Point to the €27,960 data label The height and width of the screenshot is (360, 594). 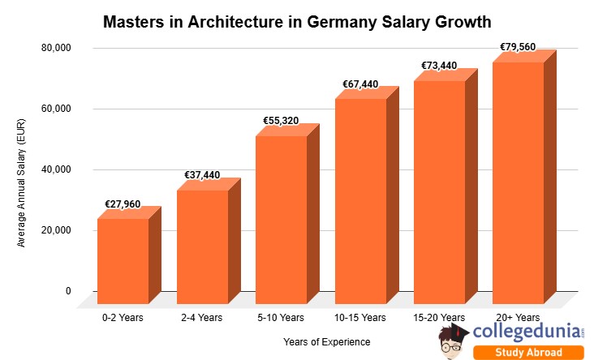tap(123, 204)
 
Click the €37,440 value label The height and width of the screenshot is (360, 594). tap(201, 175)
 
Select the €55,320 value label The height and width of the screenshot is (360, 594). tap(281, 121)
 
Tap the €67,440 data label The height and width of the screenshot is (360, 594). tap(359, 84)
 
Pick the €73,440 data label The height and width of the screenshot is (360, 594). tap(439, 66)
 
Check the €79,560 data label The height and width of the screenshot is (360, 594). tap(518, 47)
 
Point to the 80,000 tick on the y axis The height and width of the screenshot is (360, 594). tap(56, 48)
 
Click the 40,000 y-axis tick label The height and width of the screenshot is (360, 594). tap(56, 169)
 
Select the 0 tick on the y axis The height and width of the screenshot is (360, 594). tap(68, 291)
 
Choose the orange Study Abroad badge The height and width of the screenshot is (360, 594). tap(528, 352)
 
